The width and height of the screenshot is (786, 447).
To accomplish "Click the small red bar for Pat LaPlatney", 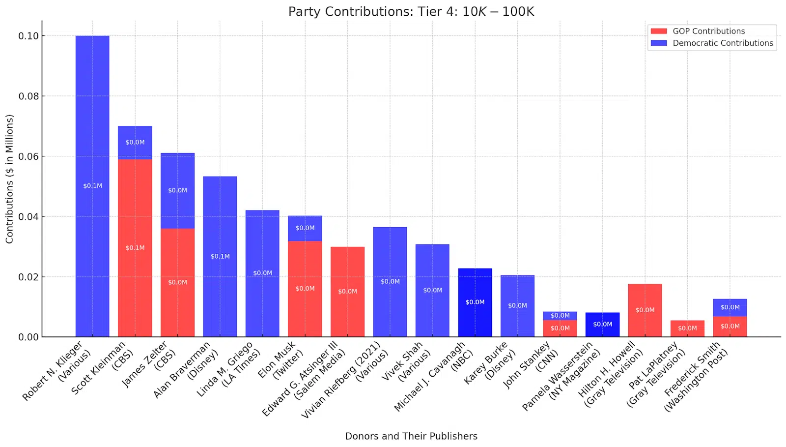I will [x=687, y=328].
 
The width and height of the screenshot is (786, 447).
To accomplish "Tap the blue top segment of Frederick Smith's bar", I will [x=730, y=307].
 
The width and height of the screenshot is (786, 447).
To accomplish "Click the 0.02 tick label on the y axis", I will [x=28, y=277].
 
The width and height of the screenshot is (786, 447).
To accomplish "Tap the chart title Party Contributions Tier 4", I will [x=411, y=11].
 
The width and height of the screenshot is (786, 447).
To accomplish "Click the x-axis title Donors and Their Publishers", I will [x=411, y=436].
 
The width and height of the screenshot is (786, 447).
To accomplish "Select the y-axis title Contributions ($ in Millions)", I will [x=9, y=179].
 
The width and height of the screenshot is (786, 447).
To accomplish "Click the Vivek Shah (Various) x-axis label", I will [x=406, y=362].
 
